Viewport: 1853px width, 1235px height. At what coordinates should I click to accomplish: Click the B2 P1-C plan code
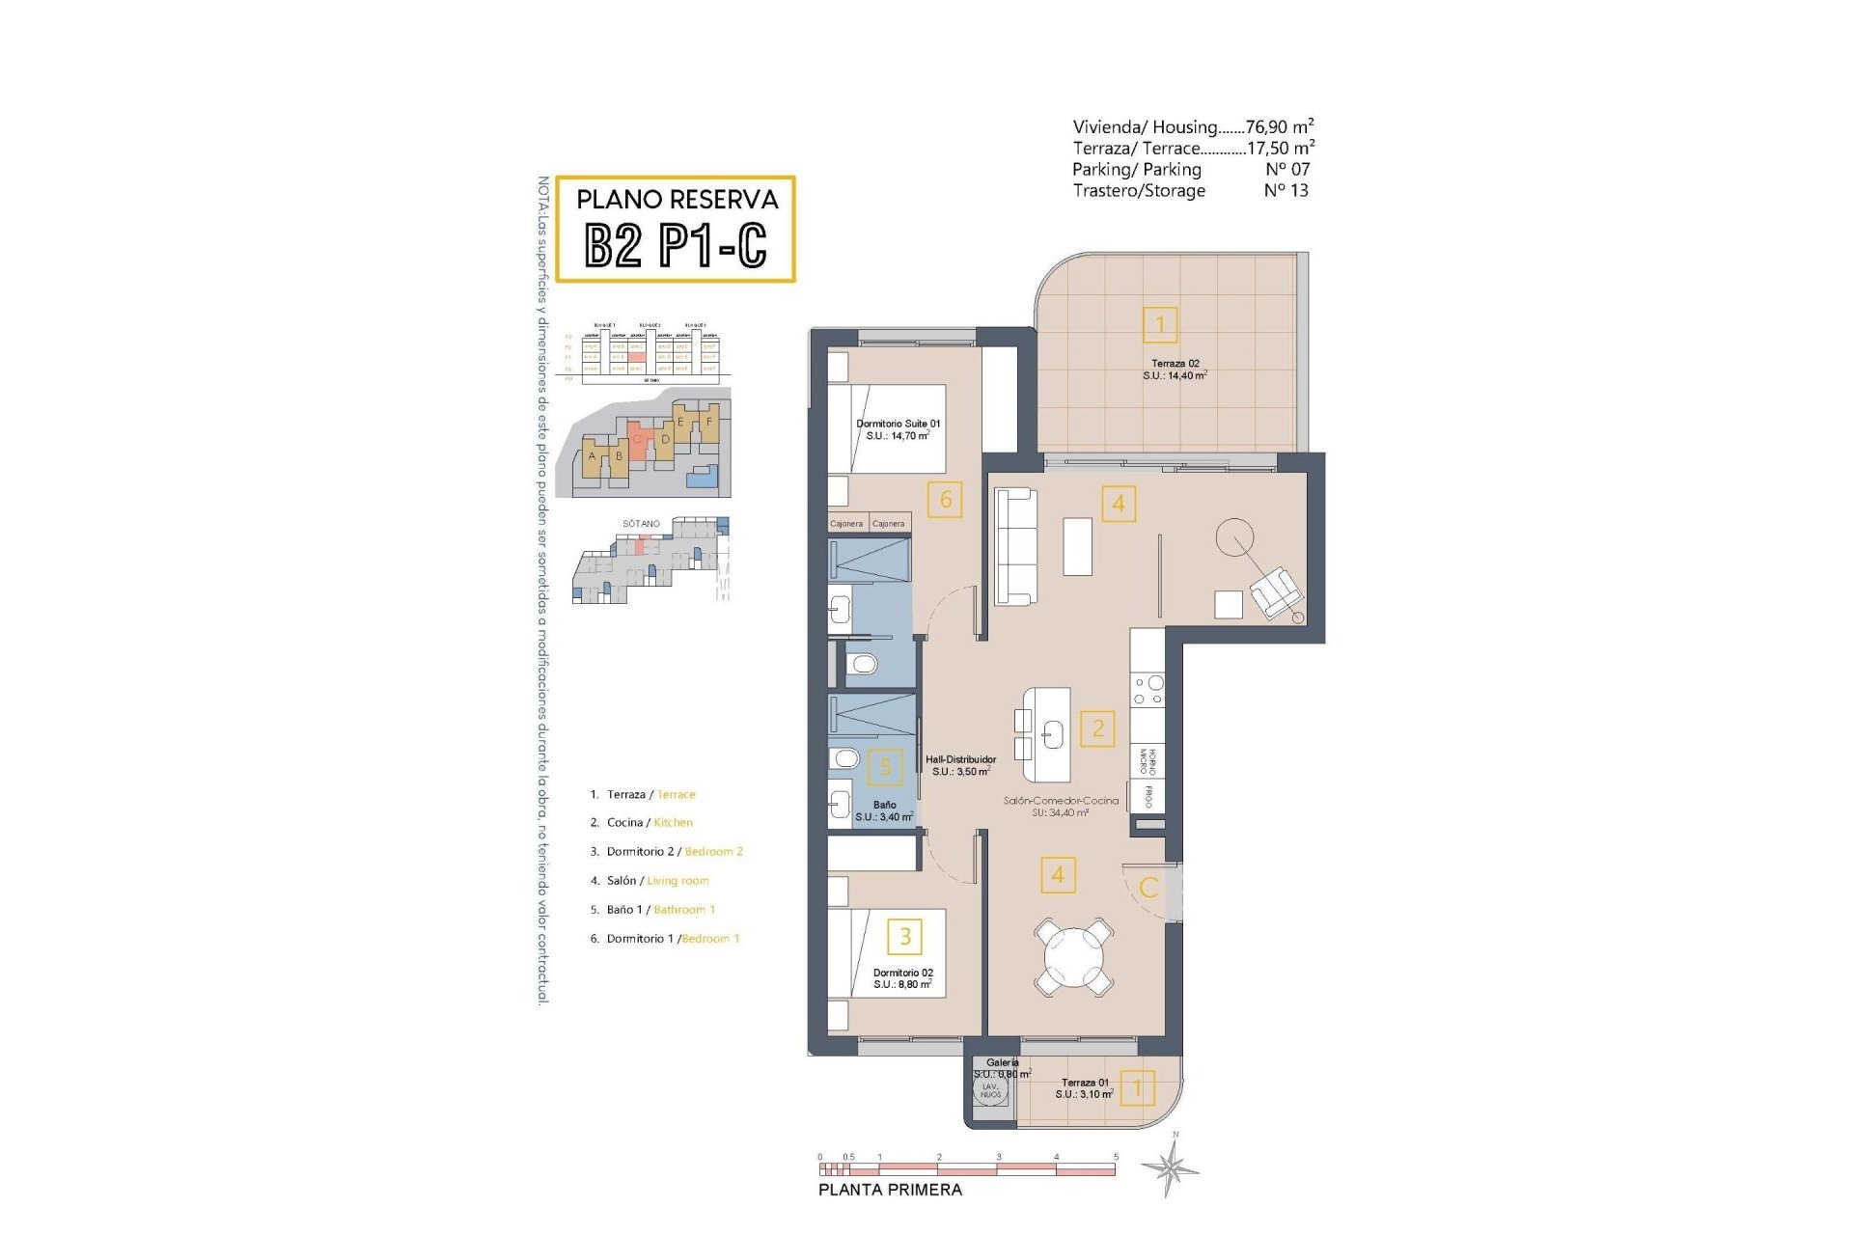[676, 245]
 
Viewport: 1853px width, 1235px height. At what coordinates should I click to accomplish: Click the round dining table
[1073, 957]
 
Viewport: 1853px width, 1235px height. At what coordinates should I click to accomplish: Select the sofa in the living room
[1016, 547]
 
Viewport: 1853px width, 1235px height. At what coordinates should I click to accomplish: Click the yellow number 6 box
[945, 500]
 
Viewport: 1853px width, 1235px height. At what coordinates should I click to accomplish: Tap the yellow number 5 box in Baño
[885, 767]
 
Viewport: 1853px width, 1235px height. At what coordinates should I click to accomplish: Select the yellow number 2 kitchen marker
[1097, 728]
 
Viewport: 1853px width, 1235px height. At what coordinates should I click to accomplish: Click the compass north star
[1171, 1168]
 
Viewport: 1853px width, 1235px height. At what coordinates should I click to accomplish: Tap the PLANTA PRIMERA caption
[890, 1190]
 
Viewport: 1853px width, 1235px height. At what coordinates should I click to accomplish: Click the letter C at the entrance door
[1148, 888]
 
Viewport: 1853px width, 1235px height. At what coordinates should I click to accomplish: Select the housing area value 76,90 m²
[1279, 126]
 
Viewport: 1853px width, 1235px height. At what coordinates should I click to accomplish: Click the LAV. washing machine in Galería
[991, 1091]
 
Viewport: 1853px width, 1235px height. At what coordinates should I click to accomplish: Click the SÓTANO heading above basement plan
[641, 524]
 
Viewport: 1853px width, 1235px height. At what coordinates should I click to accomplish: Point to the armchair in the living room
[1275, 591]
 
